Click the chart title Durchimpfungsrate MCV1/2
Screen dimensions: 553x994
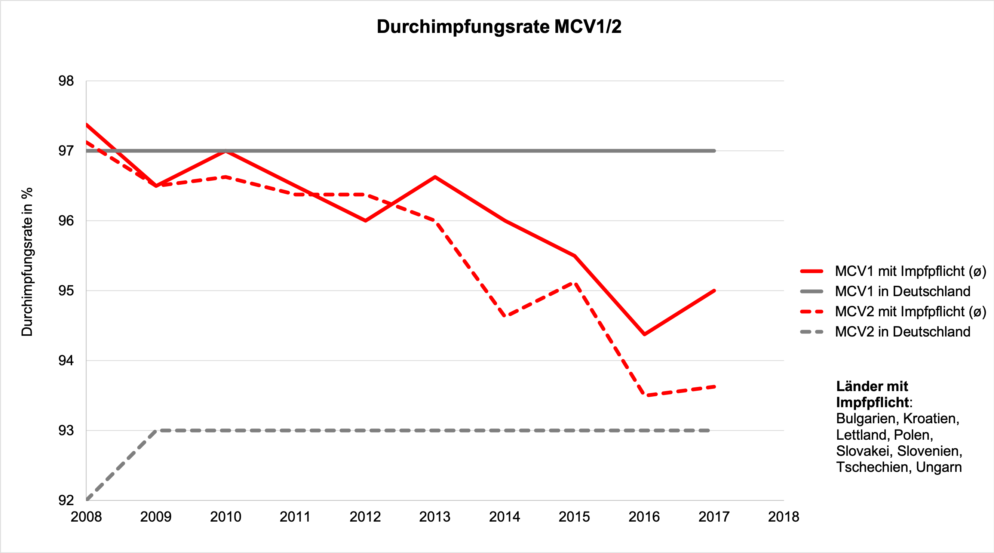pos(498,27)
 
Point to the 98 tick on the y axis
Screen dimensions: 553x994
pos(66,81)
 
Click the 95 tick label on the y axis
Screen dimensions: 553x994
pos(66,291)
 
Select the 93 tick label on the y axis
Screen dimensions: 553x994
pos(66,430)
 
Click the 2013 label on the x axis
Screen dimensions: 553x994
pos(435,517)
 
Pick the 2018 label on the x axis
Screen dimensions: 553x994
pos(783,517)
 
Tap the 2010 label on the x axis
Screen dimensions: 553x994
pos(226,517)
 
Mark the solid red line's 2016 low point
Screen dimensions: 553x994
pos(644,334)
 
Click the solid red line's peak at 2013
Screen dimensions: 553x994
pos(435,177)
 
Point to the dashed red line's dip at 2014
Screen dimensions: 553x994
pos(505,316)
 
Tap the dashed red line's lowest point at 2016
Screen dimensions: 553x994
pos(645,395)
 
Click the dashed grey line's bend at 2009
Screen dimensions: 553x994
pos(156,430)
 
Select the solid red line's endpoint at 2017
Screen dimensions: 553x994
pos(714,291)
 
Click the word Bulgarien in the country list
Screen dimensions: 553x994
pos(866,418)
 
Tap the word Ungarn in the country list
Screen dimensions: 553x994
pos(938,467)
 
